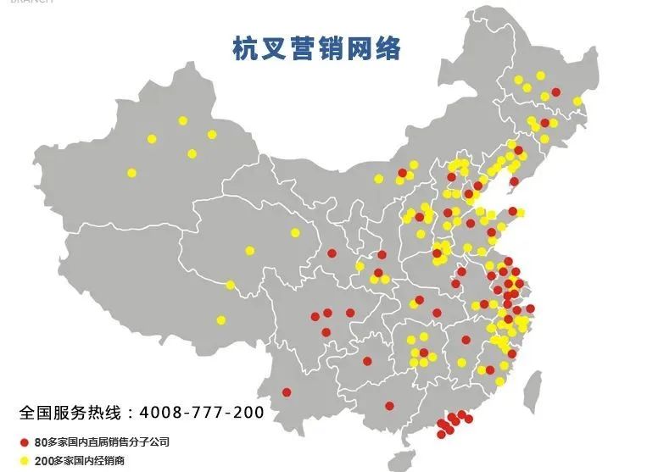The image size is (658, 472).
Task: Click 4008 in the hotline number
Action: [162, 414]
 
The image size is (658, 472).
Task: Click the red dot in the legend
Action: [25, 442]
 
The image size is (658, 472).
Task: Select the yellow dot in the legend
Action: [25, 460]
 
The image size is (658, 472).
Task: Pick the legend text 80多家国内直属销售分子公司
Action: [108, 442]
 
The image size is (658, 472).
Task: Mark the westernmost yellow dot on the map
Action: [131, 173]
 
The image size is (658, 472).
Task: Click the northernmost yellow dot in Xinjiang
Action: [182, 120]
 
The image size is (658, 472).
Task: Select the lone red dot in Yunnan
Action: [287, 392]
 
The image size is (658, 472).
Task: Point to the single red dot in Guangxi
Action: [389, 405]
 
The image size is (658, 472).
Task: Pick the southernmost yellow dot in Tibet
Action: [221, 320]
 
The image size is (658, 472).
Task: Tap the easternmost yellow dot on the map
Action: [577, 102]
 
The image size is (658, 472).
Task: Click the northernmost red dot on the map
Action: [555, 92]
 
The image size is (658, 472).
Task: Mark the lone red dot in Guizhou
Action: [367, 361]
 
